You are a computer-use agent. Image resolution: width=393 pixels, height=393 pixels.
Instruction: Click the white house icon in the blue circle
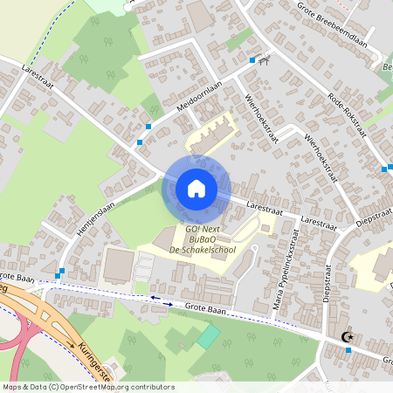[x=196, y=189]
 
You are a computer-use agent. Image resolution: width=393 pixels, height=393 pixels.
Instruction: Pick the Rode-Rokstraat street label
[x=346, y=114]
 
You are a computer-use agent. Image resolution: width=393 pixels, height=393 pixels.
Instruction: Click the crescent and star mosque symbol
[x=347, y=335]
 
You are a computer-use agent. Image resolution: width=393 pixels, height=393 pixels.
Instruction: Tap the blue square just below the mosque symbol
[x=348, y=350]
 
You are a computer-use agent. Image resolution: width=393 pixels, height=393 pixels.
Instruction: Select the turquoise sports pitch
[x=208, y=336]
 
